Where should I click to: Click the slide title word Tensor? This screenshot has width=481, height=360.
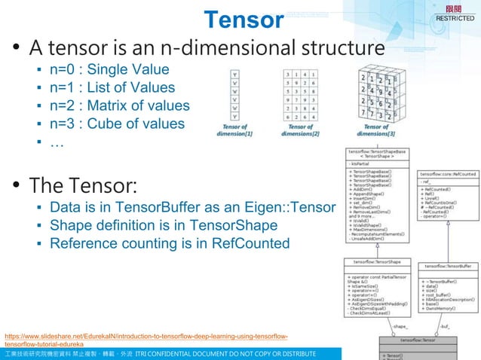point(244,20)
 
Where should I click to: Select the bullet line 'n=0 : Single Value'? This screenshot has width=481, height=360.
point(109,70)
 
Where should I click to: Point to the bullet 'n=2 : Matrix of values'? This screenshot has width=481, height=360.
point(119,105)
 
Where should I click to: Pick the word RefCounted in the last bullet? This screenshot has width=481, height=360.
point(248,243)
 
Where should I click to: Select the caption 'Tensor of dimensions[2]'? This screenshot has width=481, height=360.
point(300,130)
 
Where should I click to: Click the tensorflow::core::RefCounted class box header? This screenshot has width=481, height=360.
point(448,174)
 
